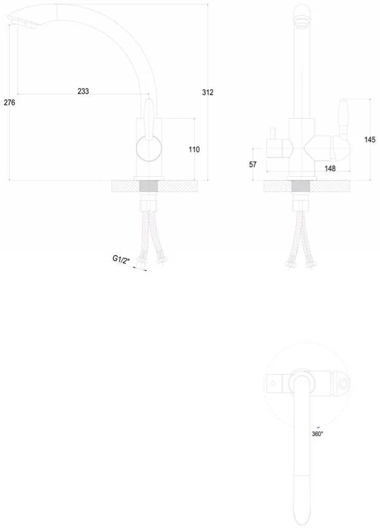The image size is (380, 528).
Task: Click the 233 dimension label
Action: coord(83,91)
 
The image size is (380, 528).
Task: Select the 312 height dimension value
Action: coord(208,92)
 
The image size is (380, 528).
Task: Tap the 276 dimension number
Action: coord(10,102)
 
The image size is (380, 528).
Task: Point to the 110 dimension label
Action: coord(194,149)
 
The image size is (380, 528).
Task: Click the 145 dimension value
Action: coord(370,139)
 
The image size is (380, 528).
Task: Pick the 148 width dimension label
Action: coord(330,168)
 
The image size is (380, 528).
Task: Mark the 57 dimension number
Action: coord(253,164)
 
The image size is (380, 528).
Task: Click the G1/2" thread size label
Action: coord(121,259)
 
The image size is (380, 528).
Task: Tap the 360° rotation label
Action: coord(317,434)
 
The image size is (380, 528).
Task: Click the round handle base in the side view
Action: coord(149,148)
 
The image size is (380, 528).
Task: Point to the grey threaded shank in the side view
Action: coord(149,186)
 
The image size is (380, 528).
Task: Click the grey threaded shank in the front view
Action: coord(301,186)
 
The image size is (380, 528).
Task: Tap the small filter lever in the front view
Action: coord(273,134)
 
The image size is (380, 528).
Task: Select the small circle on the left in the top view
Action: coord(273,383)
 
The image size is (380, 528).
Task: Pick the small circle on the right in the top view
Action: coord(344,383)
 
